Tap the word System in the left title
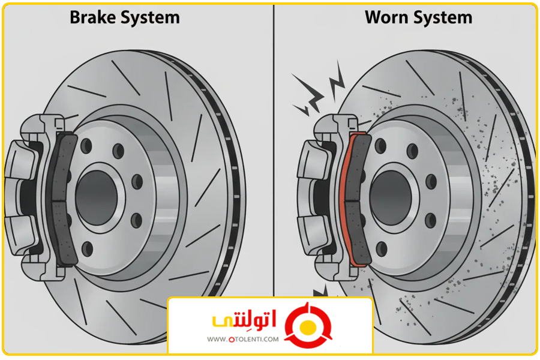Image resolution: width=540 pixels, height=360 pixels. (149, 18)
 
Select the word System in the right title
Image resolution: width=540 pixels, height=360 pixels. (443, 18)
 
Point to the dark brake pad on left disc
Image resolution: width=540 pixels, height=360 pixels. (62, 198)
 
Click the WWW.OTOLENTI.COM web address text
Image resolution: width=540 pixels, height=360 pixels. (243, 340)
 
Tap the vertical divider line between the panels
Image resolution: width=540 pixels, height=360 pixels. (274, 150)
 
